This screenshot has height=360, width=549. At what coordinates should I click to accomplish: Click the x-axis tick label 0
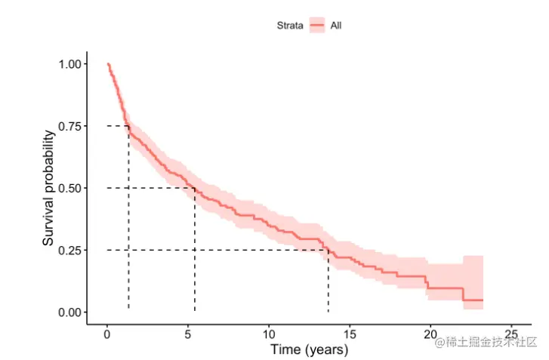click(x=107, y=334)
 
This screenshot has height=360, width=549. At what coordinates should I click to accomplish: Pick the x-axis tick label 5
click(x=188, y=334)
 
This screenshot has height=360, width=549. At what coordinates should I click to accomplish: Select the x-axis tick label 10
click(x=269, y=334)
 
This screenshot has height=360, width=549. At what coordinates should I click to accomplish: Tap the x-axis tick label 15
click(x=350, y=334)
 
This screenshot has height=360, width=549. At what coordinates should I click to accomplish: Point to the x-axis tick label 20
click(x=430, y=334)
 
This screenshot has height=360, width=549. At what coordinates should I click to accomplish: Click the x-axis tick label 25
click(x=511, y=334)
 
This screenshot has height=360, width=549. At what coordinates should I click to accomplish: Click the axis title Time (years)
click(x=309, y=350)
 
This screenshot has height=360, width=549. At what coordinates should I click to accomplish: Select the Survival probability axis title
click(x=48, y=188)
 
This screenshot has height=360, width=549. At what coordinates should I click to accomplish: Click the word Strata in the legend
click(x=289, y=26)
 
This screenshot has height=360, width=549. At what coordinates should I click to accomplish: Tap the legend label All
click(x=337, y=26)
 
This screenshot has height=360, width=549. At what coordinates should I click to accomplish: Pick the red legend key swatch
click(x=316, y=26)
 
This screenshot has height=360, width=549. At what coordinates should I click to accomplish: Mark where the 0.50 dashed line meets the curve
click(x=195, y=188)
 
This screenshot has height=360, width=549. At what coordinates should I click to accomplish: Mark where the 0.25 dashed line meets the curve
click(x=328, y=250)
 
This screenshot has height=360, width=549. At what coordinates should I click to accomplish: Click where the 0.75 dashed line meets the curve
click(x=128, y=126)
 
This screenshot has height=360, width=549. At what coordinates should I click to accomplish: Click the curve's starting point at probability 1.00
click(x=108, y=64)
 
